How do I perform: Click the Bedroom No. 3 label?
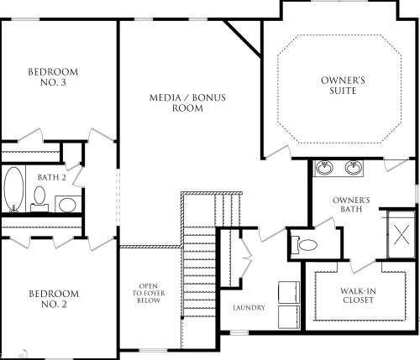[53, 77]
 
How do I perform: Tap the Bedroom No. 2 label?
[54, 299]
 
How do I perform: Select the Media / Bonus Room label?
[187, 102]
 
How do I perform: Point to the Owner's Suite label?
[343, 86]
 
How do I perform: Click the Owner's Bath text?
[351, 205]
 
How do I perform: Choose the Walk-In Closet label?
[358, 295]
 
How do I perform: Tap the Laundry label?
[249, 308]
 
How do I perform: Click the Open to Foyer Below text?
[149, 294]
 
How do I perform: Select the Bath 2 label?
[52, 177]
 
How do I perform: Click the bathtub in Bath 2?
[14, 189]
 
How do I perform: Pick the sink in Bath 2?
[67, 205]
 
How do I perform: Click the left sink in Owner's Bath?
[324, 168]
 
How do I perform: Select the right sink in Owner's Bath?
[354, 168]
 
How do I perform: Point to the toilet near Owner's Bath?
[304, 245]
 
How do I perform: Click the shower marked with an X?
[401, 234]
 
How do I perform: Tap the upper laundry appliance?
[289, 292]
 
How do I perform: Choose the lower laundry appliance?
[289, 317]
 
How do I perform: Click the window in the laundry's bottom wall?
[239, 333]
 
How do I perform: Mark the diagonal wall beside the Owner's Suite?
[243, 39]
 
